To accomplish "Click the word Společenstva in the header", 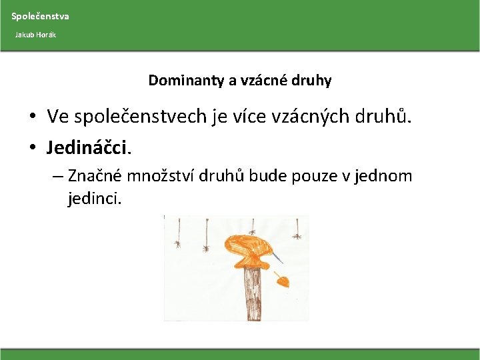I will pos(40,16).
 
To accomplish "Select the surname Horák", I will pos(47,34).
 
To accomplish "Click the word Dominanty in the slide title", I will pos(186,81).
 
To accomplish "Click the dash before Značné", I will pos(56,177).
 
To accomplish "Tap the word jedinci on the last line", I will pos(94,199).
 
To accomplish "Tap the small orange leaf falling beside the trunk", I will pos(283,281).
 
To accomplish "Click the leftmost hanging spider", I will pos(177,244).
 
